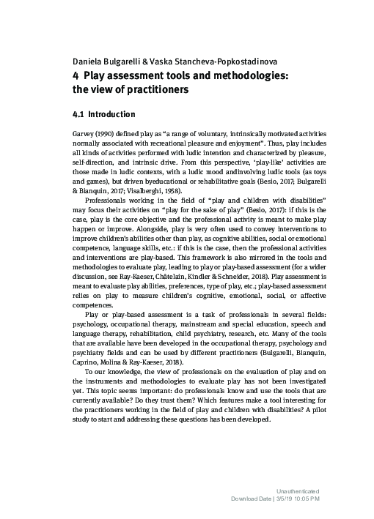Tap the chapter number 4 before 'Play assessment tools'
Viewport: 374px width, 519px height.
click(x=76, y=75)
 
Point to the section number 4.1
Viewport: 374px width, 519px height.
click(x=79, y=114)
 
